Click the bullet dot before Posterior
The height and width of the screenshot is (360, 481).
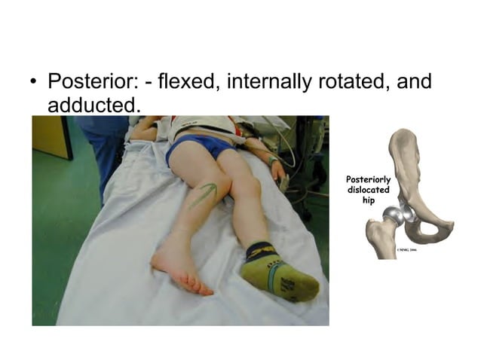(x=32, y=82)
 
